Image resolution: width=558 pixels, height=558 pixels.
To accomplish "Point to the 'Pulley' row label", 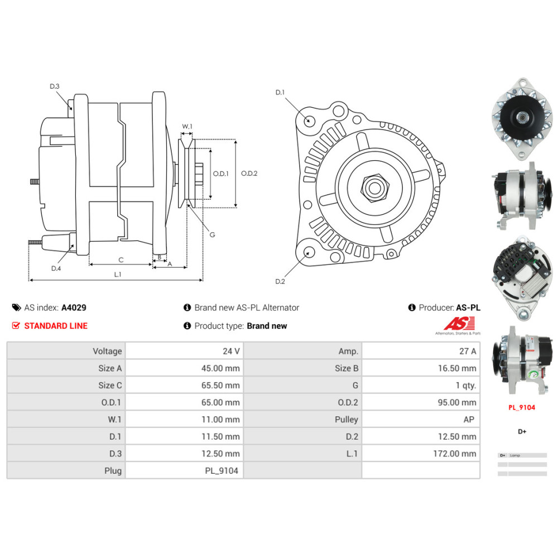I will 346,420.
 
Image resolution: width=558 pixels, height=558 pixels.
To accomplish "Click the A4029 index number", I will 74,307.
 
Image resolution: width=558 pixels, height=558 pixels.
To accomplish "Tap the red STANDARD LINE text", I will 56,326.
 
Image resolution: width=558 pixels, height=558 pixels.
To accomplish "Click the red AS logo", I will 459,323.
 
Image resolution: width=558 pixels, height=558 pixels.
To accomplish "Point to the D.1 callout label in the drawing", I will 280,92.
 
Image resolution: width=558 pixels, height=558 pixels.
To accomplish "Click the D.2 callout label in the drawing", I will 280,281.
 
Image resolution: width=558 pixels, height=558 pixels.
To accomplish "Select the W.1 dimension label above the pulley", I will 187,127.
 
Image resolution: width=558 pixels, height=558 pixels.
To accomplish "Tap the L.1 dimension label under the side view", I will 117,274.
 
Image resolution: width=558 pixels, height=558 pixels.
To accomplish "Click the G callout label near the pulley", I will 212,235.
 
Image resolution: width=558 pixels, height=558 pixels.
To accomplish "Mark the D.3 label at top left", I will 54,86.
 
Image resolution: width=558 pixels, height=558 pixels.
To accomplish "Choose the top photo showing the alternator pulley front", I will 522,117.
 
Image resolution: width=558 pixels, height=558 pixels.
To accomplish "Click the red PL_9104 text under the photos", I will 521,407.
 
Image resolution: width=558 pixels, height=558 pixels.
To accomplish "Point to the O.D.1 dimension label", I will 221,174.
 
